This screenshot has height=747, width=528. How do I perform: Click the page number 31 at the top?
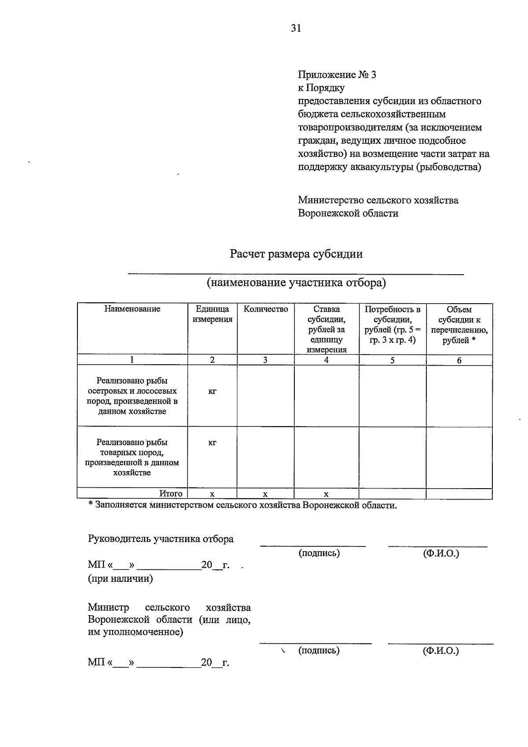tap(296, 28)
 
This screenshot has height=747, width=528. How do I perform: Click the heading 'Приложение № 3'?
tap(337, 75)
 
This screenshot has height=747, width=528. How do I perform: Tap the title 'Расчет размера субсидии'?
tap(296, 254)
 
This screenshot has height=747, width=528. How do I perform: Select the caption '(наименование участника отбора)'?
tap(296, 282)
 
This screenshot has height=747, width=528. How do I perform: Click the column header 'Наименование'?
tap(132, 309)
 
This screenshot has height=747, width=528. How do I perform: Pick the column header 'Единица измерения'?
tap(213, 314)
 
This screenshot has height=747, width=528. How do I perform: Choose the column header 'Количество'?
tap(265, 309)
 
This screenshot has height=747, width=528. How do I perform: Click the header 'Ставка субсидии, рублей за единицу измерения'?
tap(326, 329)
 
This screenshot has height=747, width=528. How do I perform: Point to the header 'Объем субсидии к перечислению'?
tap(459, 325)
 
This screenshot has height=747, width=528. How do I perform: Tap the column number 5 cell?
tap(392, 360)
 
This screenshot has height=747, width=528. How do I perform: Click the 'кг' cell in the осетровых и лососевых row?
tap(213, 391)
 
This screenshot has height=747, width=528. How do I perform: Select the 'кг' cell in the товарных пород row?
tap(213, 442)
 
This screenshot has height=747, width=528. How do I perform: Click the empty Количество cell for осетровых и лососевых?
tap(265, 395)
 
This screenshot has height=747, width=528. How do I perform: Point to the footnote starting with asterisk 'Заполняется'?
tap(242, 505)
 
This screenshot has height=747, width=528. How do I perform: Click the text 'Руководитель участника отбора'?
tap(161, 539)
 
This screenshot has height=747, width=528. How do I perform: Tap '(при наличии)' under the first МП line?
tap(121, 579)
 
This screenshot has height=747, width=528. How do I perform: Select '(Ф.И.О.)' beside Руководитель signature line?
tap(441, 553)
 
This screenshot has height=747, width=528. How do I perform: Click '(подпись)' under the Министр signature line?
tap(319, 650)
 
